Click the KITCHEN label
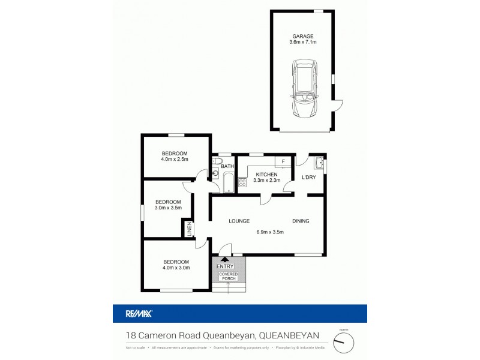(x=265, y=174)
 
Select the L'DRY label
(x=308, y=177)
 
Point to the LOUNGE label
(x=239, y=221)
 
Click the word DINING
(x=301, y=221)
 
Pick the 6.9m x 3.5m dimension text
(x=269, y=232)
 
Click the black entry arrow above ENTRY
(x=225, y=259)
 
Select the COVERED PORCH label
(x=228, y=276)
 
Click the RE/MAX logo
(x=139, y=313)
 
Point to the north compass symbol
(x=344, y=343)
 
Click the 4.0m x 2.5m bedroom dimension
(x=175, y=159)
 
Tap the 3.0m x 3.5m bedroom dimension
(x=168, y=208)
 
